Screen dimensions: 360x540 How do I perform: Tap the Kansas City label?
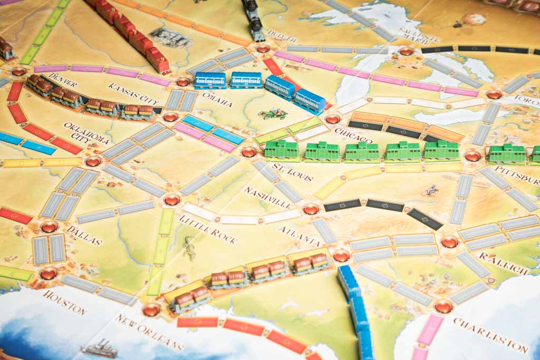click(133, 93)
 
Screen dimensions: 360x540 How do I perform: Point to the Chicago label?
click(353, 135)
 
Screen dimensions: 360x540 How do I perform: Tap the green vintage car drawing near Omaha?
click(273, 113)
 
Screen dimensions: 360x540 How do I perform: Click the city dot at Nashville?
click(311, 209)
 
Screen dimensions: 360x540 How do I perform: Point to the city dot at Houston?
click(49, 274)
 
